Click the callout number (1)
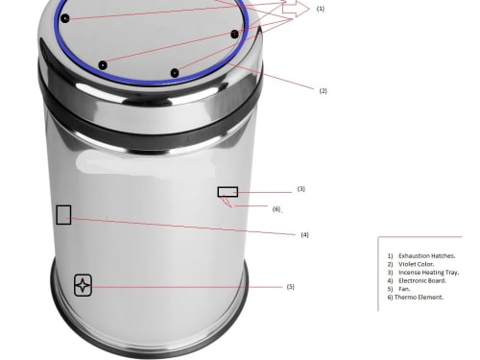321,9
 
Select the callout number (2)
324,91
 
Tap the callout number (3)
301,189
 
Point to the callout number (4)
304,234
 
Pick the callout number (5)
291,287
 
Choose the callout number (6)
276,209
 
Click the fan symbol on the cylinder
83,285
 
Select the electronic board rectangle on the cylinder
63,215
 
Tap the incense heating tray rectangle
228,192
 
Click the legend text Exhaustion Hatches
427,255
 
